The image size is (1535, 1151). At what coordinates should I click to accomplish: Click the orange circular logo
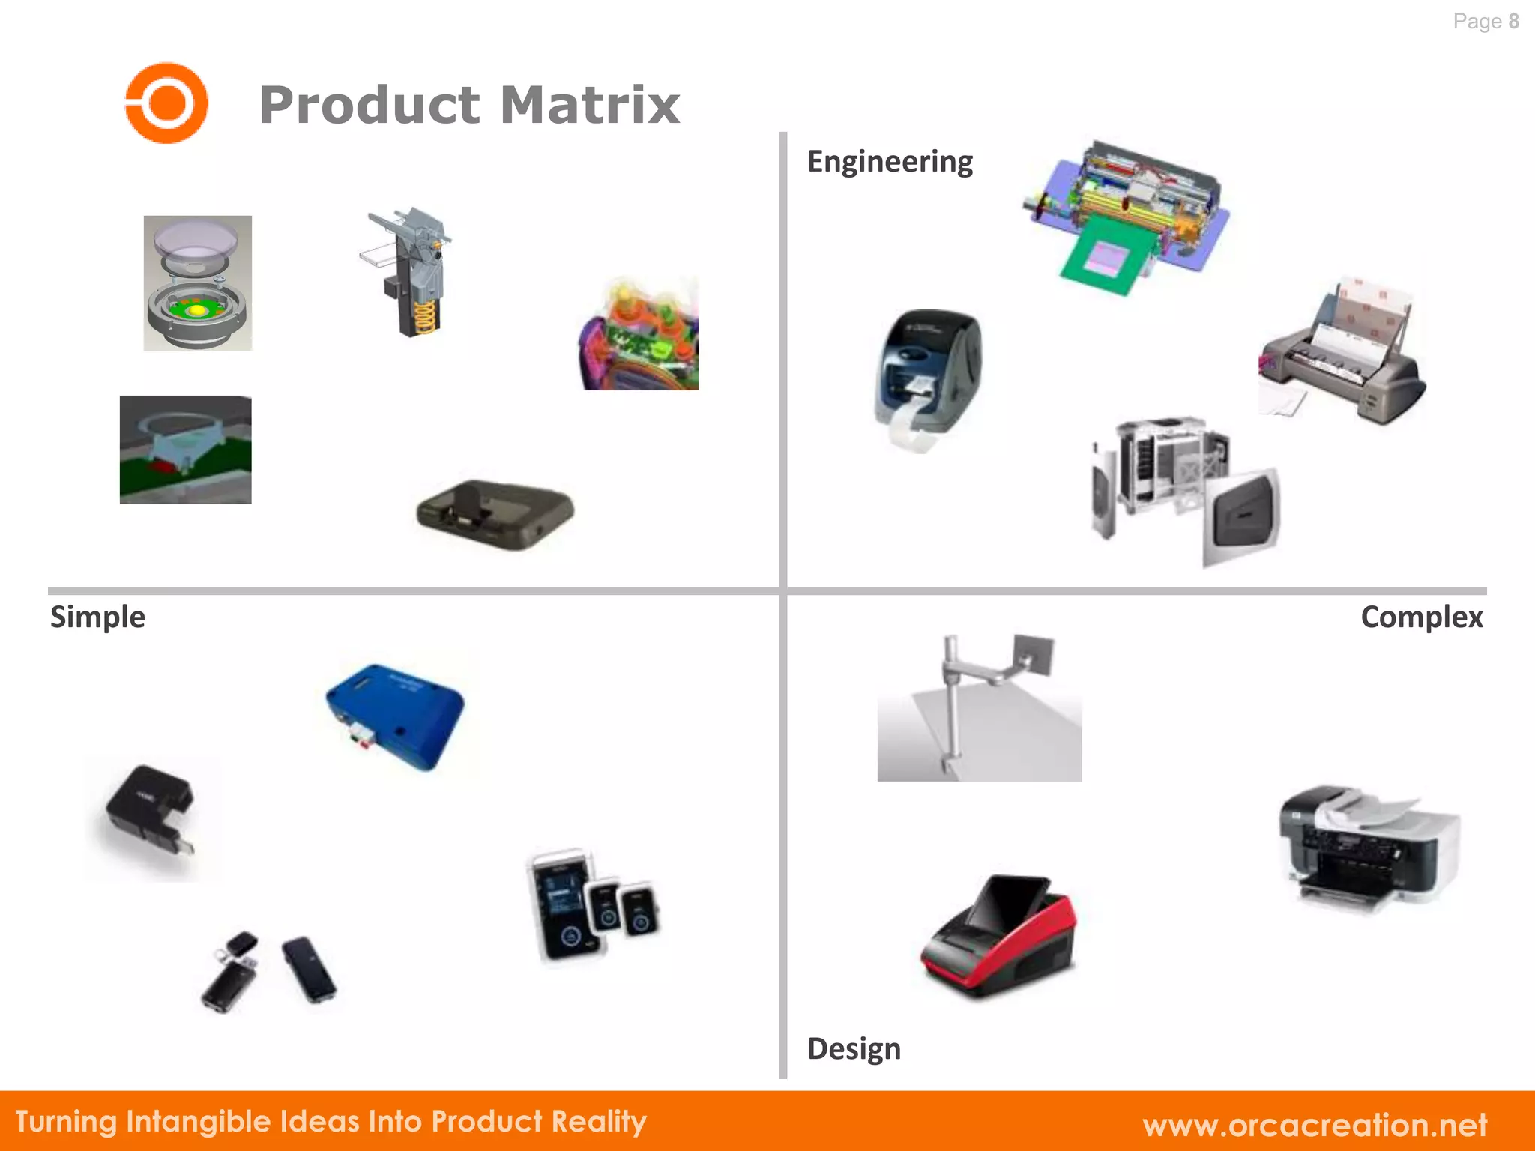[166, 103]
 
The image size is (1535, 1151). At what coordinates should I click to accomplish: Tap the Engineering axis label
[890, 162]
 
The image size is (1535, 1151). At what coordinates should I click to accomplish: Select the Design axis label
[854, 1048]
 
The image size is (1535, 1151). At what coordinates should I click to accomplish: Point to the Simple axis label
[97, 617]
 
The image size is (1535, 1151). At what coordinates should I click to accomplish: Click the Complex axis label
[1421, 617]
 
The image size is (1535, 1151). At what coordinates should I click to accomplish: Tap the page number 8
[1513, 22]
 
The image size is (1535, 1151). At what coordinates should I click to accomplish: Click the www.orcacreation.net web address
[1315, 1125]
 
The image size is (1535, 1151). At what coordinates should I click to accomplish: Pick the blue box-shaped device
[395, 716]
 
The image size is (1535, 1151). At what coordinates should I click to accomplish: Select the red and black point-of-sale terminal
[1000, 937]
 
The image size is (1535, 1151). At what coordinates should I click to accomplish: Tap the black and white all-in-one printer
[1369, 847]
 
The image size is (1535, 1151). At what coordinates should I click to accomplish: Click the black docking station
[495, 514]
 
